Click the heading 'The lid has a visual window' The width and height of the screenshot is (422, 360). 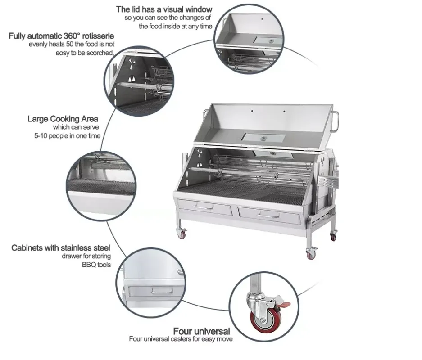[x=164, y=9]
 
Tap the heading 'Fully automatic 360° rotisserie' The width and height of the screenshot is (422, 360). [x=61, y=36]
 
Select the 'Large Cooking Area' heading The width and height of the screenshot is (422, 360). [x=63, y=119]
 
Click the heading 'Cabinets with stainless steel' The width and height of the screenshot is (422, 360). [x=61, y=248]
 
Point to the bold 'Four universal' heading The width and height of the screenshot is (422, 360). [x=202, y=331]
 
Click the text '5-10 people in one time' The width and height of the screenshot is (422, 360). [x=67, y=136]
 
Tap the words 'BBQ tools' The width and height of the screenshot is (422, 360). [x=96, y=265]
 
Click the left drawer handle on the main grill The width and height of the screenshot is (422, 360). [x=204, y=207]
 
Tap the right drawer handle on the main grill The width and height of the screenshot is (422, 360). [x=268, y=215]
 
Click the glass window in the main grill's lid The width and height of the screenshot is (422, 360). [x=263, y=137]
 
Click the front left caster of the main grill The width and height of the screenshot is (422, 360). [x=182, y=234]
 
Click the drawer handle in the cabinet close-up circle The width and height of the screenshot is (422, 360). [x=162, y=291]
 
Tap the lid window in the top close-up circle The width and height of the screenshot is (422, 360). [x=268, y=40]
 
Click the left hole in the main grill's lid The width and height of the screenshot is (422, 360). [x=252, y=111]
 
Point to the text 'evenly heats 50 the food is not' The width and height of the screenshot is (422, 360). [x=72, y=45]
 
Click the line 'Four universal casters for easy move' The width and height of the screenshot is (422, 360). [x=181, y=339]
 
